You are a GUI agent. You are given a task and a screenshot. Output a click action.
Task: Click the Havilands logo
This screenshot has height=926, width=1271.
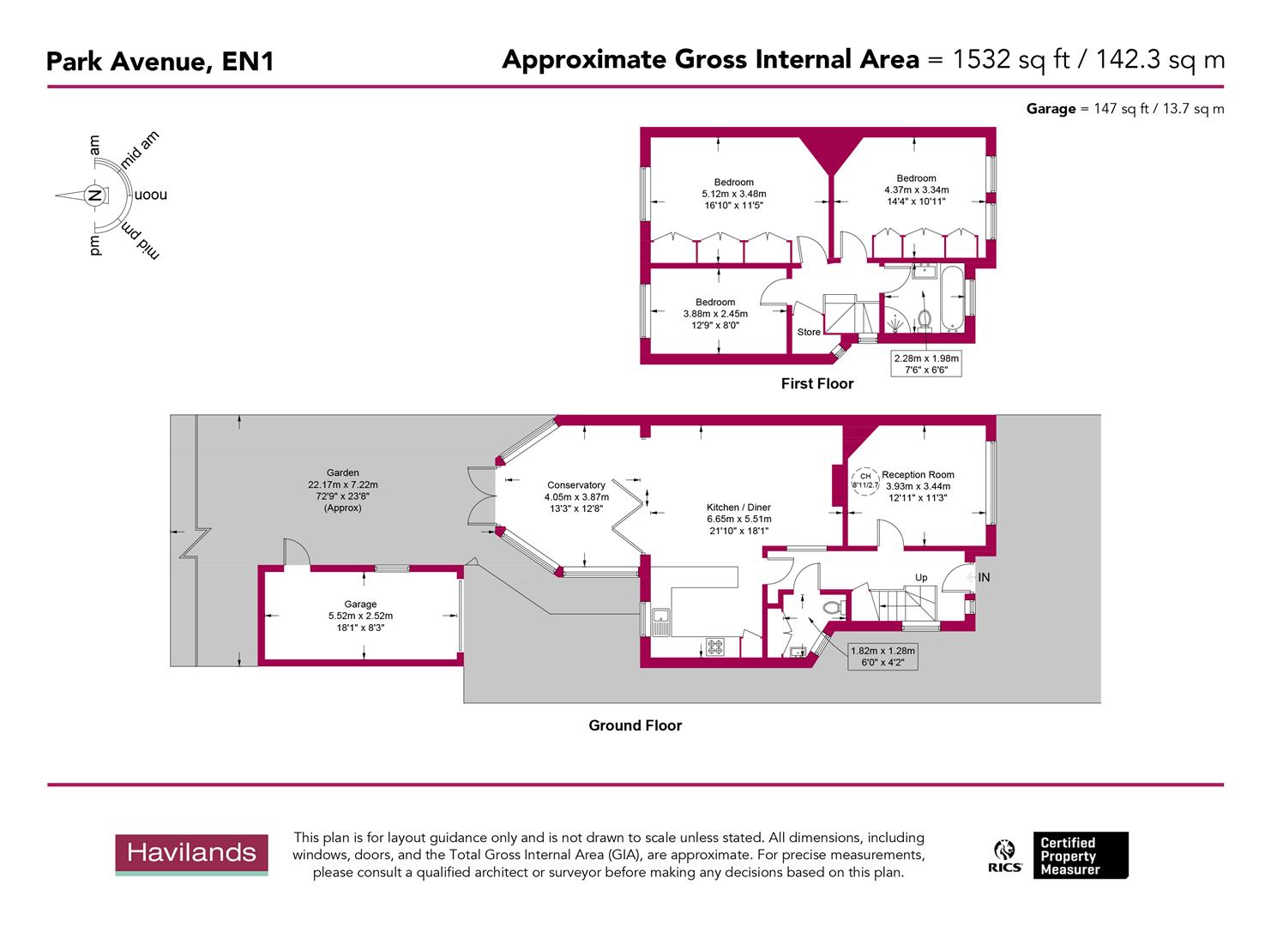coord(191,854)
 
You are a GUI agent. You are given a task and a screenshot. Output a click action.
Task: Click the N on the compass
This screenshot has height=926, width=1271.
coord(95,195)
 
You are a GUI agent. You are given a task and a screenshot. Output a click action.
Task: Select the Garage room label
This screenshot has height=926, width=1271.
coord(360,604)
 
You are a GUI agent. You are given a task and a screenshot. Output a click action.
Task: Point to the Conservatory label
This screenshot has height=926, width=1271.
coord(576,485)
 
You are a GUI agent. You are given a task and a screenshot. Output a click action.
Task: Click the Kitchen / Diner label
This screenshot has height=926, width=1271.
coord(738,508)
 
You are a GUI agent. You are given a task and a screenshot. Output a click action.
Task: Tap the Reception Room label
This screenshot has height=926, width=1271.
coord(918,475)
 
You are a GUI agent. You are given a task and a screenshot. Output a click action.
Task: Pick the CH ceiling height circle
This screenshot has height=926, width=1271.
coord(865,480)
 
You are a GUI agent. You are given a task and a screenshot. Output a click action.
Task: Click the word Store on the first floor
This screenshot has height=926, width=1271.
coord(809,332)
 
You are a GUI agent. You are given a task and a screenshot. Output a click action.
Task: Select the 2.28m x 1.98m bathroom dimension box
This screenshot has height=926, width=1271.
coord(926,364)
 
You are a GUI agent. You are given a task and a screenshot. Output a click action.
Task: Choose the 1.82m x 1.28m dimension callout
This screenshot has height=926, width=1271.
coord(882,657)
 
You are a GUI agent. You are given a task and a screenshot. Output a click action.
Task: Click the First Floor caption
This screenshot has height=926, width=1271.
coord(816,384)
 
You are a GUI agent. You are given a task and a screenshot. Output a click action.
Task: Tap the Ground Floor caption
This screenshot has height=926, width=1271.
coord(635,725)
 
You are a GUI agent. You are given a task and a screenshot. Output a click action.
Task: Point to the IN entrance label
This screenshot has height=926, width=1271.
coord(984,578)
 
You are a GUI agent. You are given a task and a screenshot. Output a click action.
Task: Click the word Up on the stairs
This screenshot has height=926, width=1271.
coord(920,577)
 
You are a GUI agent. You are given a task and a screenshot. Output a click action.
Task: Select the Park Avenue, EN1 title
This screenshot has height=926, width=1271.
coord(160,62)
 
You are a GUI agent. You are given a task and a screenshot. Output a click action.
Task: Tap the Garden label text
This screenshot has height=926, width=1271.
coord(343,472)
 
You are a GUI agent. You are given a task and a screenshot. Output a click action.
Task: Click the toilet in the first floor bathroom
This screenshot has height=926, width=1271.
coord(925,318)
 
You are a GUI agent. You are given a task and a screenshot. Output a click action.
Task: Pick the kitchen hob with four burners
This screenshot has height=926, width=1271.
coord(714,647)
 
